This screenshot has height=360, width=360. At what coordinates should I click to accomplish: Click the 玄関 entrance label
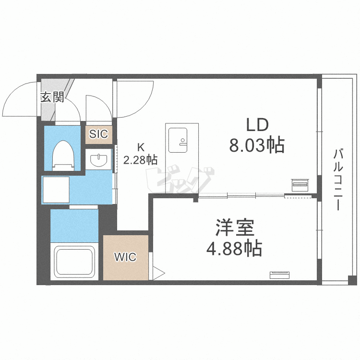52,97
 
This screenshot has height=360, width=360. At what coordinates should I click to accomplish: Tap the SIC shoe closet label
98,134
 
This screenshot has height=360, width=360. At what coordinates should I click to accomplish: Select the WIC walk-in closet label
125,257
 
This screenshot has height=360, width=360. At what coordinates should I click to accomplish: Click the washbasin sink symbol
99,160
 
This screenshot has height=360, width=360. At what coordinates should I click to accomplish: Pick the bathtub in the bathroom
74,262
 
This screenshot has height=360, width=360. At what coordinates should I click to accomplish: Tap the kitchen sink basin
178,140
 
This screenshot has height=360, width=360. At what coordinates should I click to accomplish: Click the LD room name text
257,125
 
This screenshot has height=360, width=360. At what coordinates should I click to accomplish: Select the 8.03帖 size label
257,145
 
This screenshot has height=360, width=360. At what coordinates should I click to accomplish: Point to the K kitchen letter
141,147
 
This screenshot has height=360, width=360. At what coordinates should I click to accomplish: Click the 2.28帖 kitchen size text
140,159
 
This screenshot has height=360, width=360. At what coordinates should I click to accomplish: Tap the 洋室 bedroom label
235,228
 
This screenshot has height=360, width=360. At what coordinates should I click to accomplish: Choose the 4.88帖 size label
234,249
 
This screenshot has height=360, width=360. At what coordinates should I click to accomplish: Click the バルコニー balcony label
338,180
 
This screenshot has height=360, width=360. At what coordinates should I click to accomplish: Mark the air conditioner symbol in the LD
300,185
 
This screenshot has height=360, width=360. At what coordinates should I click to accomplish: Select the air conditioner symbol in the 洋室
279,275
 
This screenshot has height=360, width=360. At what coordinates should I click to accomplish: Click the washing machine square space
56,190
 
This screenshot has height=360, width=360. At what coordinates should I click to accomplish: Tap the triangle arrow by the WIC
159,273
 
